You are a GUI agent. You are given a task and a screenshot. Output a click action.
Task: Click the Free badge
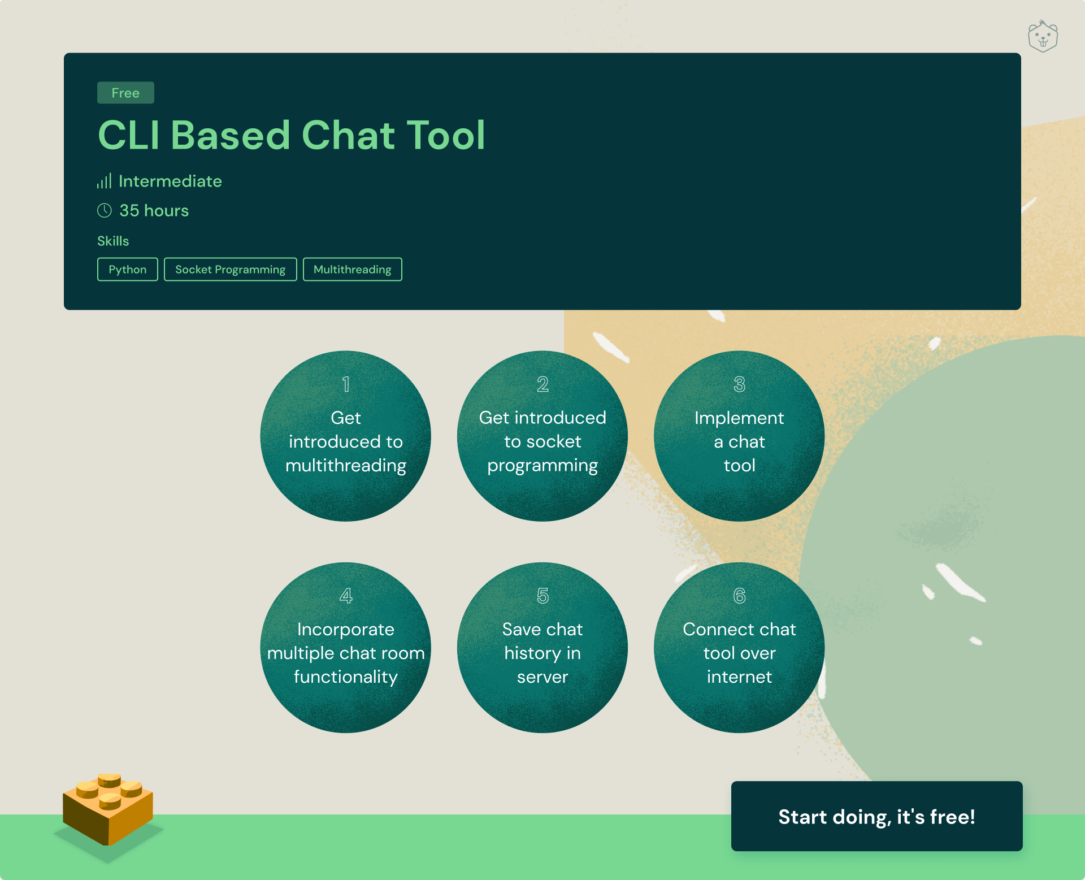pos(125,93)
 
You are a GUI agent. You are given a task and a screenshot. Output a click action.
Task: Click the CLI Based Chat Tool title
pos(292,135)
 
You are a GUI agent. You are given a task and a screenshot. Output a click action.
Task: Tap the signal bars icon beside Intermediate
pos(104,181)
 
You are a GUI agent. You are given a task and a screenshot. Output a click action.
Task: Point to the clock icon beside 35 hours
pos(105,210)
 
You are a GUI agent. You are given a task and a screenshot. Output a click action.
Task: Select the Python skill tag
pos(128,269)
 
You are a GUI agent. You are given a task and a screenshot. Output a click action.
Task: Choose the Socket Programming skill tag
pos(231,269)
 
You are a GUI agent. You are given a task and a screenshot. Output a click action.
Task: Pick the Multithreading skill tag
pos(353,269)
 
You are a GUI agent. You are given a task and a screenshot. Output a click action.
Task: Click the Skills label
pos(113,241)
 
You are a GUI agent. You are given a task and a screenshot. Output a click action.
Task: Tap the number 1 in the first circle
pos(346,384)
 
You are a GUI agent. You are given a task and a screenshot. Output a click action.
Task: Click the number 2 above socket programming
pos(542,384)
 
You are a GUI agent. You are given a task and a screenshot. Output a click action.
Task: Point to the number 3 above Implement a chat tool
pos(739,384)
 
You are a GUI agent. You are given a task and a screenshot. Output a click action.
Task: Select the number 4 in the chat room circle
pos(346,596)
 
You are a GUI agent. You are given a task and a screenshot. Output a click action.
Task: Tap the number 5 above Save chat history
pos(542,596)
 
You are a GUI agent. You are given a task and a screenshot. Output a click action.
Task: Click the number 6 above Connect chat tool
pos(739,596)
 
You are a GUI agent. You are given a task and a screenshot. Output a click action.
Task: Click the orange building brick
pos(108,808)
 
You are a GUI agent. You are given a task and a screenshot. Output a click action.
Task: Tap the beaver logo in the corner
pos(1043,36)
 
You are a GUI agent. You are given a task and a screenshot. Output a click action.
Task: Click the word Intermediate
pos(170,181)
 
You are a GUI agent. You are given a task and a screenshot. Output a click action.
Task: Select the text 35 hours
pos(154,210)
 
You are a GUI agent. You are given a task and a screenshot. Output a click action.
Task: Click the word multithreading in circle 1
pos(346,466)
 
